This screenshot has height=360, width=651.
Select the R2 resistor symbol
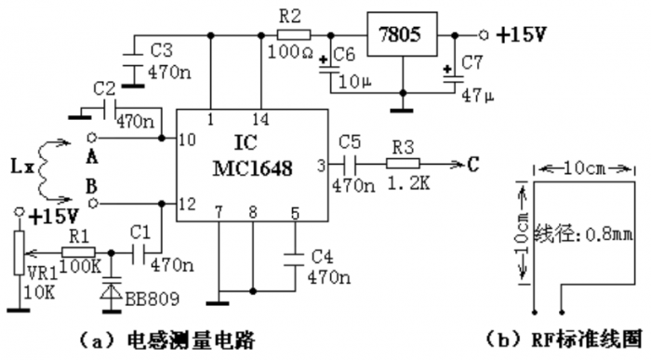pyautogui.click(x=293, y=33)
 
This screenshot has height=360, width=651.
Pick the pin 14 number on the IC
pyautogui.click(x=263, y=119)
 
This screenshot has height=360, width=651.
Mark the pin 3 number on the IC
pyautogui.click(x=322, y=166)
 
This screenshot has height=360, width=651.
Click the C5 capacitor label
pyautogui.click(x=350, y=143)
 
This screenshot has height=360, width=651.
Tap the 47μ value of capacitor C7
pyautogui.click(x=477, y=95)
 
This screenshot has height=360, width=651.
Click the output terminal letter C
pyautogui.click(x=473, y=166)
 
